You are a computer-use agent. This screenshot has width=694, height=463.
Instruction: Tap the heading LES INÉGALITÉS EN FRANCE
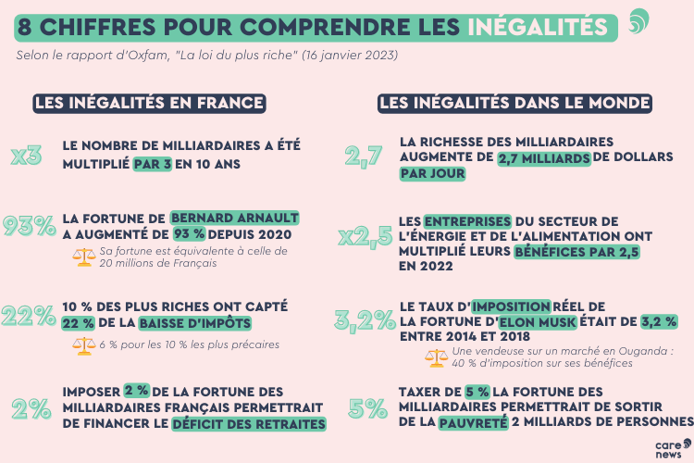(x=149, y=103)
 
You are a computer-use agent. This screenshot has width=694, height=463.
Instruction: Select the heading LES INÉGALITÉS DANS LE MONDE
(x=514, y=103)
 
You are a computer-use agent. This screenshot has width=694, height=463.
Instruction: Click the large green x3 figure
(x=26, y=156)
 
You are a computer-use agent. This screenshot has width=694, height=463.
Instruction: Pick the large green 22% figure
(x=29, y=315)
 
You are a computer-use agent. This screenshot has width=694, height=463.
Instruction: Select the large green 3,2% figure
(x=364, y=321)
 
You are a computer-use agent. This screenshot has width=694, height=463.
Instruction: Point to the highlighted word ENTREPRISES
(x=467, y=221)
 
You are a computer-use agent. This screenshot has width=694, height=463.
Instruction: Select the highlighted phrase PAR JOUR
(x=432, y=174)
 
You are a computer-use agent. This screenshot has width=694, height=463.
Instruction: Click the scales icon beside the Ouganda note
(x=435, y=357)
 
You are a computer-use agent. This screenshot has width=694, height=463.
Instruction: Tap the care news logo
(x=667, y=448)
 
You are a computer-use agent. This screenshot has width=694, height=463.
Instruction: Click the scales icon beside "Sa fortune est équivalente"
(x=84, y=257)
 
